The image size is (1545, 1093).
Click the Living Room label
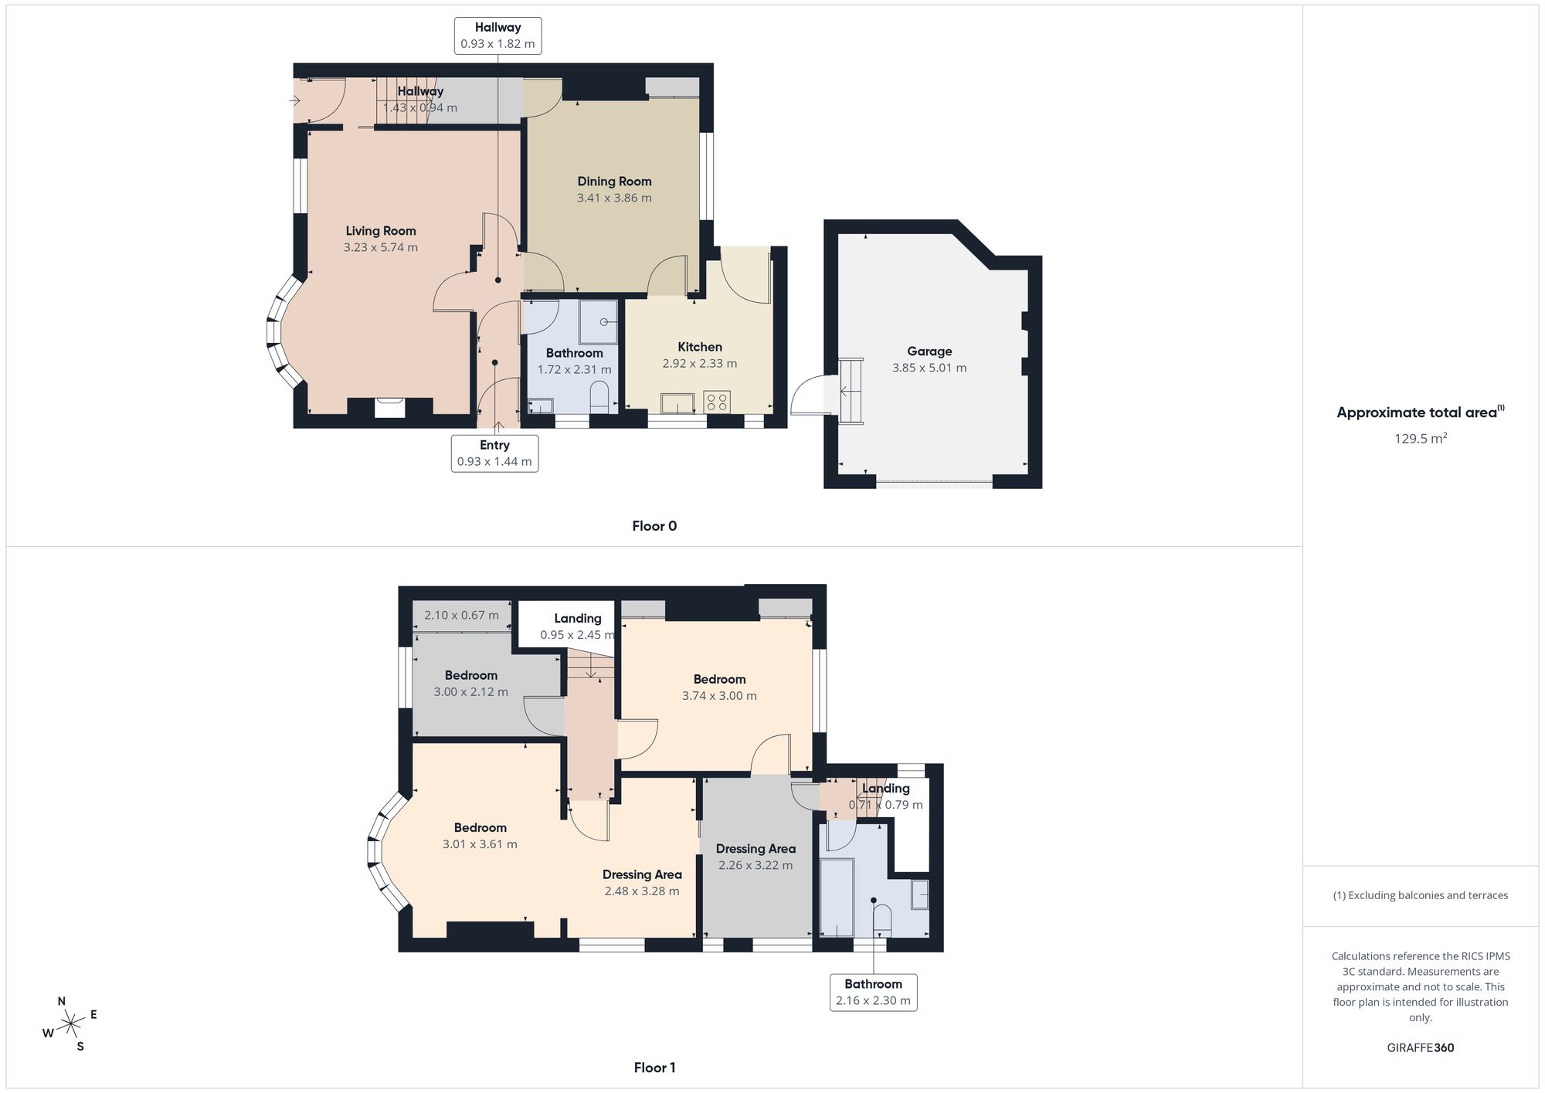pos(381,231)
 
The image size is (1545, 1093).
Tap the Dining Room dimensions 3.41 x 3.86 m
pos(614,198)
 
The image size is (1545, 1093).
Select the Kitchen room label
pos(700,347)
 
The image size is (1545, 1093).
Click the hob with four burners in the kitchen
pos(717,402)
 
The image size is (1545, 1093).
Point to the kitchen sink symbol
pos(677,402)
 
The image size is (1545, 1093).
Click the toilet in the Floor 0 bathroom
pos(599,399)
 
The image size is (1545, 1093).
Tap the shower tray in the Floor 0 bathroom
pos(599,321)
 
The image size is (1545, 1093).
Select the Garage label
pos(929,351)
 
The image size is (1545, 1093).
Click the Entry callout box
pos(494,453)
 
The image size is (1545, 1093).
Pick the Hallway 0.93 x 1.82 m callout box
pos(498,36)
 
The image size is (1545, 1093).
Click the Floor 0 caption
pos(654,526)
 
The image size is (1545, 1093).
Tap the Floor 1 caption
pos(654,1068)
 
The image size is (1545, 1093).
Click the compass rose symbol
pos(71,1024)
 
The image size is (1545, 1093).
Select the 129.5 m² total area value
pos(1420,438)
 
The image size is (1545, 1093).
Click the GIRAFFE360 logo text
pos(1420,1047)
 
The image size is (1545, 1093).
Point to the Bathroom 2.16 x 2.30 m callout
pos(874,992)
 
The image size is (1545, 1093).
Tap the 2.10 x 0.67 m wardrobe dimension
pos(461,616)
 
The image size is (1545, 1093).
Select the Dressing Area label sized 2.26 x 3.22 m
pos(756,849)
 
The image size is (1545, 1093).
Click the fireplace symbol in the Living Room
pos(389,407)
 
